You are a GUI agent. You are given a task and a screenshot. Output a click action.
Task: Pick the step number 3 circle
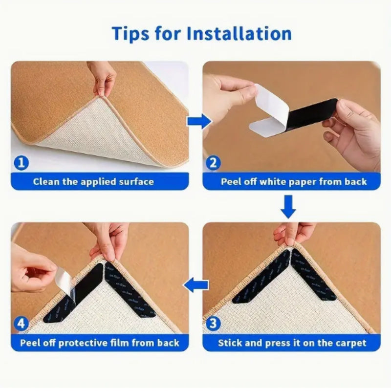[213, 324]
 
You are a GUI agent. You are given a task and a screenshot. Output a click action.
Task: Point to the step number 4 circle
[21, 324]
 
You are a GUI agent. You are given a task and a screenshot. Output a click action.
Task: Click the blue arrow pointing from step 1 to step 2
[198, 121]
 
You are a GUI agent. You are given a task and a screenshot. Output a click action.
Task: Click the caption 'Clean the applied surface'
[93, 182]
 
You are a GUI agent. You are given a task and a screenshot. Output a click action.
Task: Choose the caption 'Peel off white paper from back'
[294, 182]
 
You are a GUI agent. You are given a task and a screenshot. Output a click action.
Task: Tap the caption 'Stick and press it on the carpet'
[292, 343]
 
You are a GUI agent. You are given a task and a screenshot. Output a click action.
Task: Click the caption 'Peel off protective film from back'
[100, 343]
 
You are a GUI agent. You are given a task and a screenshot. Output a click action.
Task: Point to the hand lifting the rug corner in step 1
[103, 77]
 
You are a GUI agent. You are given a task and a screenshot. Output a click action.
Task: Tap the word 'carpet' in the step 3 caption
[350, 343]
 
